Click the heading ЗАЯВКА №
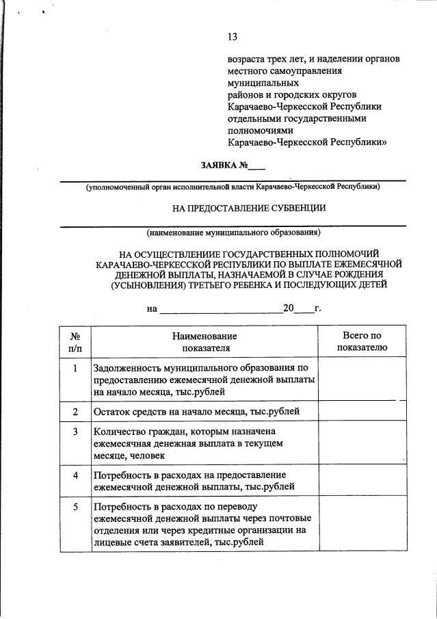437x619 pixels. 224,166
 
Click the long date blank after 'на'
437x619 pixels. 220,310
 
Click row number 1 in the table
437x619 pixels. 75,368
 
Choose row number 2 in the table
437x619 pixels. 75,411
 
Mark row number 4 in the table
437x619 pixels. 75,475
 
